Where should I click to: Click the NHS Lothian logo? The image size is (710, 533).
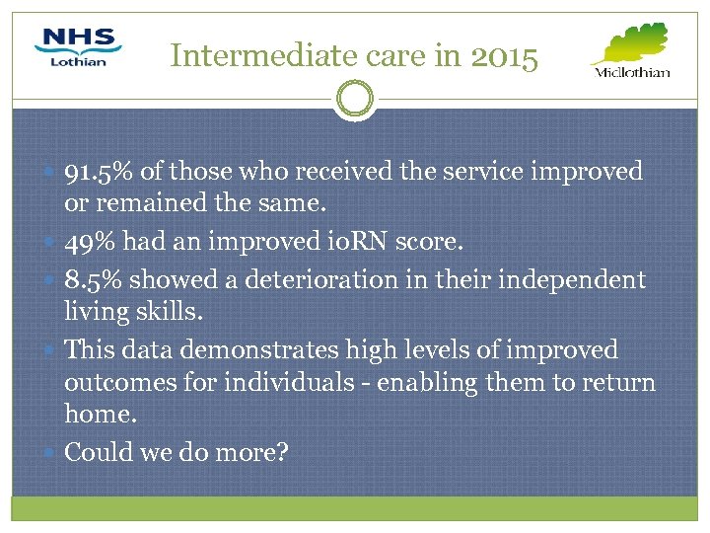click(x=78, y=47)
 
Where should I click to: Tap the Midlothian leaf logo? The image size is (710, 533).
click(x=631, y=50)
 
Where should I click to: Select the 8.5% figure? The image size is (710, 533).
click(x=93, y=280)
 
